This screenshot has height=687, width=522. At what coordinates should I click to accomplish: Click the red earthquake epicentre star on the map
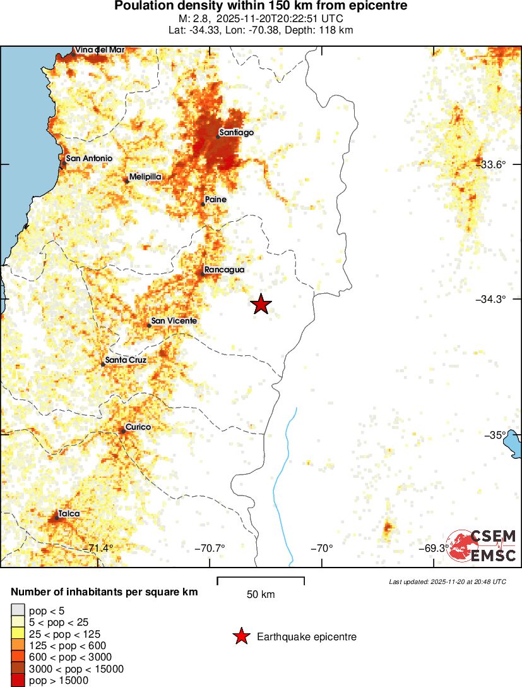click(x=261, y=304)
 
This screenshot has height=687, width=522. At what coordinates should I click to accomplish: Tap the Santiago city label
click(x=236, y=133)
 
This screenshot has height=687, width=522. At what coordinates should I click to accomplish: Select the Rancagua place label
click(x=224, y=270)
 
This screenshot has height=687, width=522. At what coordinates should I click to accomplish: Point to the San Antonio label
click(x=89, y=158)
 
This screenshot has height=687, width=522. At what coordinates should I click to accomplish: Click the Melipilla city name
click(x=146, y=177)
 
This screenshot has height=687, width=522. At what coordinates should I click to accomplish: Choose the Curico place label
click(x=138, y=427)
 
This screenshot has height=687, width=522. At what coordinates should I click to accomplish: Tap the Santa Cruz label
click(x=126, y=360)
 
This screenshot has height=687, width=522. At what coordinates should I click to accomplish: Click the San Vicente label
click(x=174, y=321)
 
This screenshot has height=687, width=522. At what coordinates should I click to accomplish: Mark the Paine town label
click(x=215, y=200)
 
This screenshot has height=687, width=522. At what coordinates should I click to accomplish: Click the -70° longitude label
click(x=323, y=548)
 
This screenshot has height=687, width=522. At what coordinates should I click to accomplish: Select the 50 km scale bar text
click(x=261, y=595)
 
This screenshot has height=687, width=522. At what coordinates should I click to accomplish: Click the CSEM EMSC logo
click(x=483, y=545)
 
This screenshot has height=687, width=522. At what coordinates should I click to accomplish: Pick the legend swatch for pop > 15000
click(x=18, y=680)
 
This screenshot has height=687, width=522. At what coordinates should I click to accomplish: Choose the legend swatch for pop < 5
click(x=18, y=611)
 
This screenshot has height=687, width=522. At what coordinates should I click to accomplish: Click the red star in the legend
click(x=241, y=636)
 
